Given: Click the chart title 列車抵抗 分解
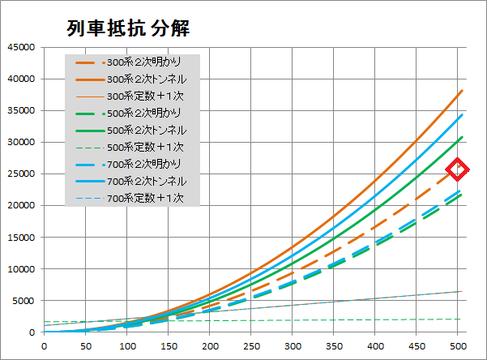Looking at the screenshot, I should point(128,28).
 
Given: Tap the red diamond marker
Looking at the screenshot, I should point(458,169).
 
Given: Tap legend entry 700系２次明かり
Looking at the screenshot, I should point(145,164).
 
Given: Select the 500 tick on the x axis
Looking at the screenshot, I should point(458,346).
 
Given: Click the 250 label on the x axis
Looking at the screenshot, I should point(251,346).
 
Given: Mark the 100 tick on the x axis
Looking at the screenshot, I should point(126,346).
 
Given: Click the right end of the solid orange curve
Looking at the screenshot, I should point(462,91).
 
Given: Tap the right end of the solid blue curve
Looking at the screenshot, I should point(462,115).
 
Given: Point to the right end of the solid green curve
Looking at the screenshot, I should point(462,138).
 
